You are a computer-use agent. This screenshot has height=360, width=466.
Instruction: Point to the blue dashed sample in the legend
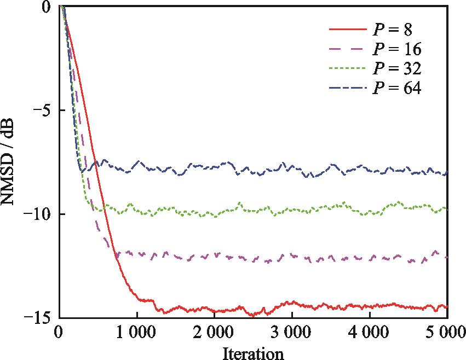347,88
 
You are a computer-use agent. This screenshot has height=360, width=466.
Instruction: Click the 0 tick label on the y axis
47,7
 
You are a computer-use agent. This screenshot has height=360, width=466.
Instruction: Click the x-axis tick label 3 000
292,332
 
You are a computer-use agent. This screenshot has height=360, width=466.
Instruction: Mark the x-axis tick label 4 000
370,332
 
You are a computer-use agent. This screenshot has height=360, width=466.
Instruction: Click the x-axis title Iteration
253,353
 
